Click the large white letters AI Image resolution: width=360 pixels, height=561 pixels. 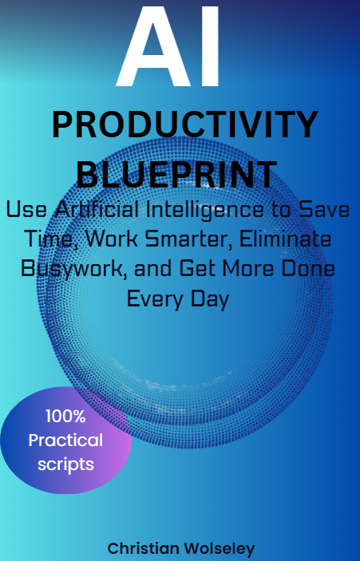(168, 46)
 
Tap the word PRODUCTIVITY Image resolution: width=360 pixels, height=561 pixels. (185, 124)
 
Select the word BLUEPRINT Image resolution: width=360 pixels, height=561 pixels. (176, 175)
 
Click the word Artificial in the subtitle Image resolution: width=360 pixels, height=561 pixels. (97, 209)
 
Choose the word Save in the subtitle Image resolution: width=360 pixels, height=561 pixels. (324, 210)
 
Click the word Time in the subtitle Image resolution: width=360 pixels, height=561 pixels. (49, 239)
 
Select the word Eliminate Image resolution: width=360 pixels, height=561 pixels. (285, 239)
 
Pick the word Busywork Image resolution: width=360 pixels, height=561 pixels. (74, 269)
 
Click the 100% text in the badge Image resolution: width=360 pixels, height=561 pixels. (65, 416)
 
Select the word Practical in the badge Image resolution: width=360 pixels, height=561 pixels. (65, 440)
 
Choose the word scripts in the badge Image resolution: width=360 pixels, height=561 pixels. (65, 464)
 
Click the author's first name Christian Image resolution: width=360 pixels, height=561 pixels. (143, 548)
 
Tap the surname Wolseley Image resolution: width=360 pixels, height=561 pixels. (219, 548)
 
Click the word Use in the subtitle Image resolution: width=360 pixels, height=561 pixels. (26, 210)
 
